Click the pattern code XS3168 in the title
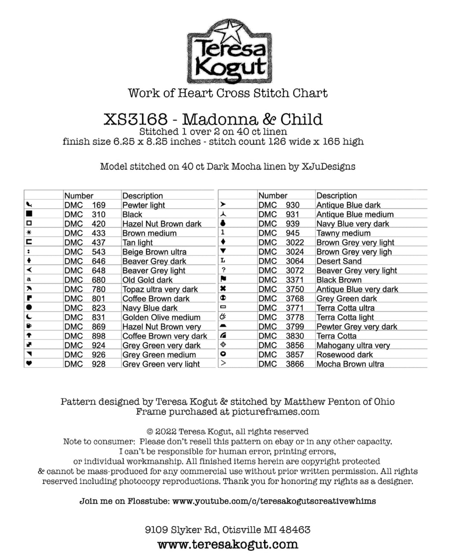click(x=136, y=119)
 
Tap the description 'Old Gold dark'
click(x=148, y=280)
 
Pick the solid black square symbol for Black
click(x=30, y=214)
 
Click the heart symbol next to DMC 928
click(x=29, y=364)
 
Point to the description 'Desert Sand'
click(x=339, y=261)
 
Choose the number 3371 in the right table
click(x=295, y=280)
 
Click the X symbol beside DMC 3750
click(x=223, y=289)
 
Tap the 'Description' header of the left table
click(x=143, y=196)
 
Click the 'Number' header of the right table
click(x=273, y=196)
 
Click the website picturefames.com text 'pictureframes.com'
click(x=276, y=412)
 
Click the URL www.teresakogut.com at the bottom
click(x=228, y=545)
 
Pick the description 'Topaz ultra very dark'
click(x=160, y=289)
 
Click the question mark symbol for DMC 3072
click(x=223, y=270)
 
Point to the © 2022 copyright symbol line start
click(x=150, y=432)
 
